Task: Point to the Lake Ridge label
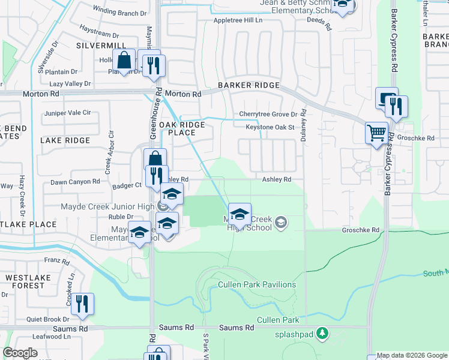(65, 140)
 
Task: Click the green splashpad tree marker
(323, 332)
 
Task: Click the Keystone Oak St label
(270, 127)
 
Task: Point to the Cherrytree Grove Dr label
(268, 114)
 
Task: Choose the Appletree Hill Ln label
(238, 20)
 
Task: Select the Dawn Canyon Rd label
(75, 182)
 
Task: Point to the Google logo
(20, 353)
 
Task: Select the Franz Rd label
(57, 261)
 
